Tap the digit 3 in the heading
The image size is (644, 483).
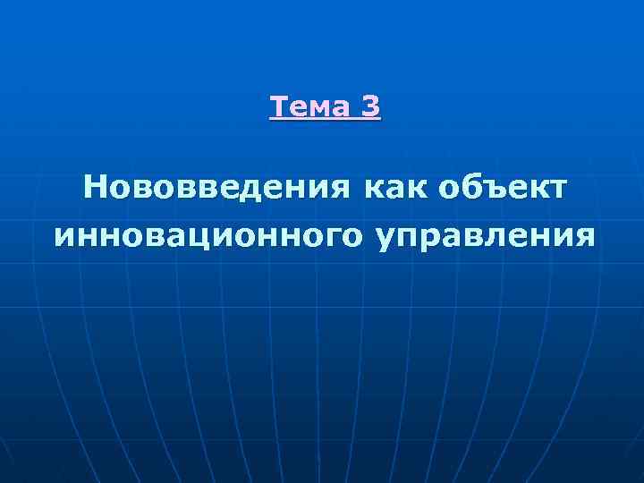(x=370, y=107)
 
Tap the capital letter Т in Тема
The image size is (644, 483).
(x=277, y=107)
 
